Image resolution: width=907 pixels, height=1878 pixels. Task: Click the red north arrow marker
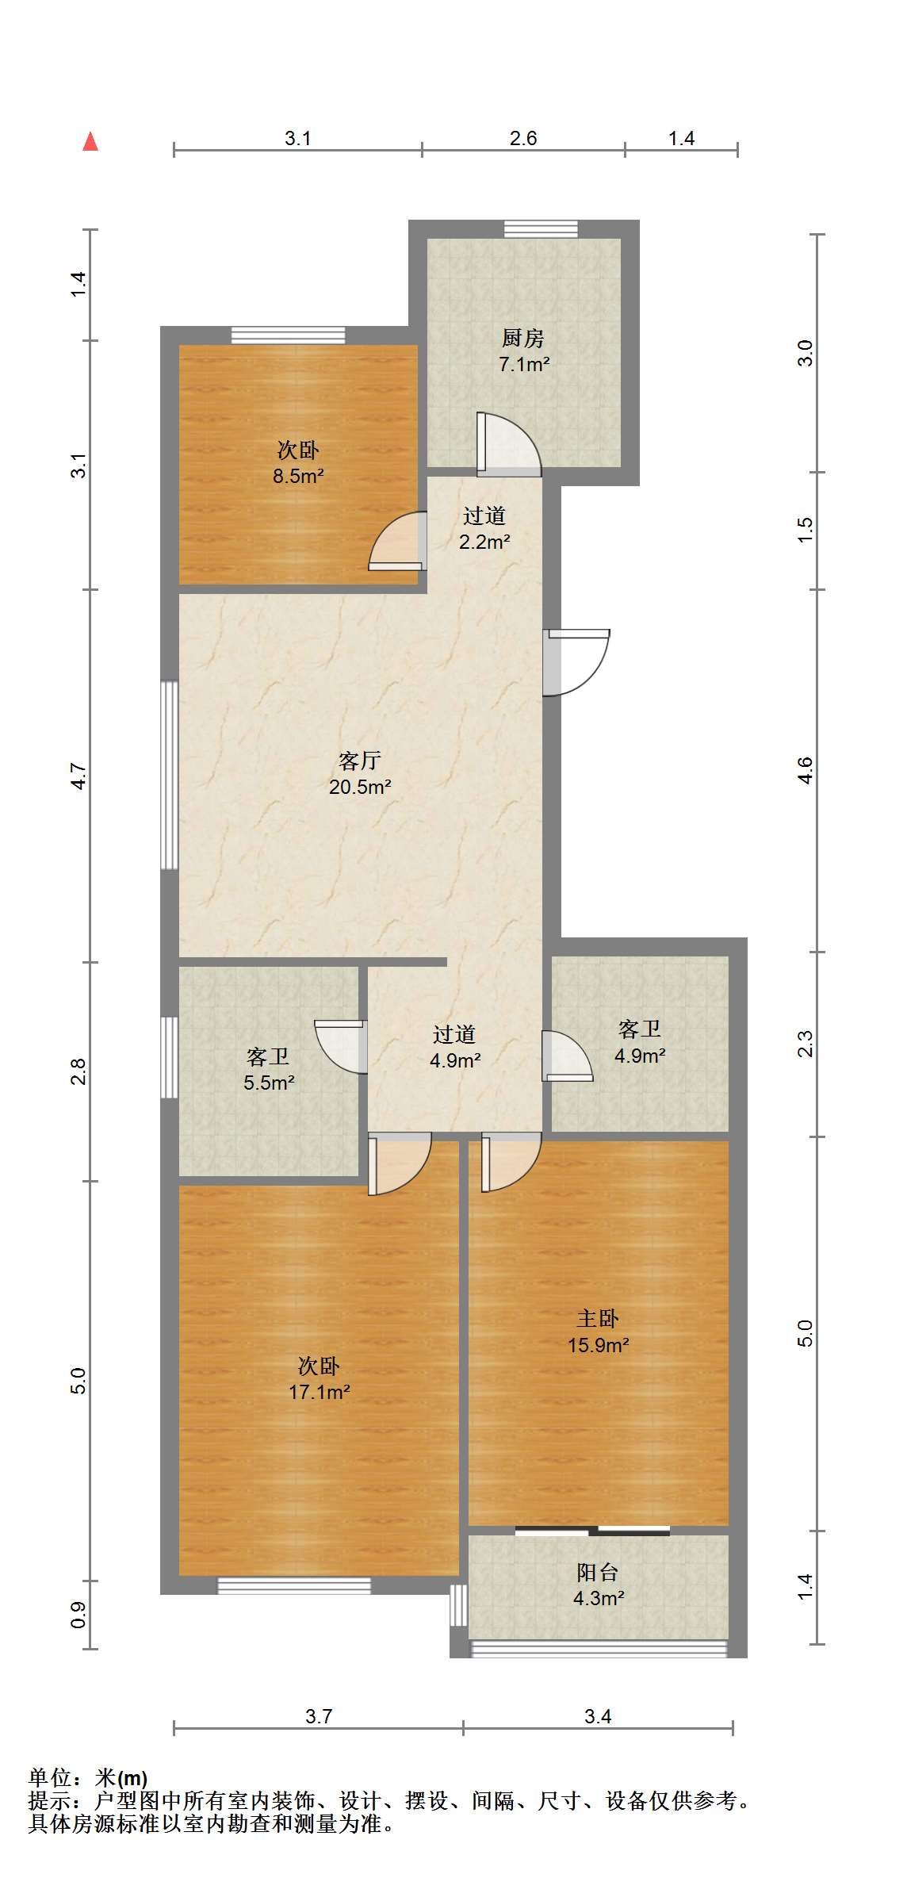coord(90,142)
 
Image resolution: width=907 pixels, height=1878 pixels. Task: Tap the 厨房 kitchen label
coord(523,339)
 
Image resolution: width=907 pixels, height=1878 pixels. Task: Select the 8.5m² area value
coord(298,477)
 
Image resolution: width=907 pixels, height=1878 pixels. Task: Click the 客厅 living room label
coord(360,761)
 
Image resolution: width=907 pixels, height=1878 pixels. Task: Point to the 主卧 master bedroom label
coord(597,1319)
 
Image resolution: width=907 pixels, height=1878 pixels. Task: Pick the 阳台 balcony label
coord(598,1573)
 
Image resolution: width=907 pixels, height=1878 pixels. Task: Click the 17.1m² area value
coord(319,1392)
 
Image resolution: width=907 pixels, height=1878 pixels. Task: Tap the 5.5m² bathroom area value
coord(269,1083)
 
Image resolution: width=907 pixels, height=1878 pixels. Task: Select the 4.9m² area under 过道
coord(455,1061)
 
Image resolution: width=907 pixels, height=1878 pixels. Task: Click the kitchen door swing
coord(508,444)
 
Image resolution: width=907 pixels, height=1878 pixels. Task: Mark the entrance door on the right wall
coord(576,662)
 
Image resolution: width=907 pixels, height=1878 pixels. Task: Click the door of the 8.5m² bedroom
coord(397,541)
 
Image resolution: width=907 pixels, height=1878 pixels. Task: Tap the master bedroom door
coord(511,1162)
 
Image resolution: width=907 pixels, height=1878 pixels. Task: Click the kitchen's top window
coord(542,228)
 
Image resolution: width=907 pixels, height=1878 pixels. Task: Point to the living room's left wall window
coord(169,775)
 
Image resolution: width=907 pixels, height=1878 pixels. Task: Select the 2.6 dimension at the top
coord(523,139)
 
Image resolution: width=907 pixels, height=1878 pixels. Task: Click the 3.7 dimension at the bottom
coord(319,1717)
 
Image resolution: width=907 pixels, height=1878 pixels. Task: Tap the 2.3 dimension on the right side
coord(806,1044)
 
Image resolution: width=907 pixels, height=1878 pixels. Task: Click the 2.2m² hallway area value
coord(484,542)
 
